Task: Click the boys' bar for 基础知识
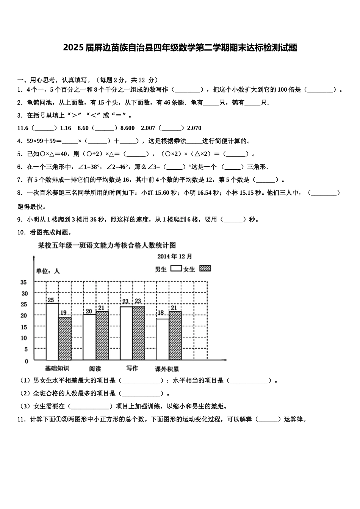[x=52, y=331]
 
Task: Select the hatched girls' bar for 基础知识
[x=65, y=339]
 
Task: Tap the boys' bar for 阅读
[x=89, y=337]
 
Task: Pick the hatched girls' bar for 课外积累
[x=175, y=336]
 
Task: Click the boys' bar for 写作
[x=126, y=333]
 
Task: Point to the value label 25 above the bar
[x=50, y=300]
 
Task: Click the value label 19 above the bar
[x=63, y=313]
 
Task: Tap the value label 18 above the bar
[x=161, y=313]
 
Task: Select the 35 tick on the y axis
[x=24, y=282]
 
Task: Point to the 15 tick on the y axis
[x=24, y=327]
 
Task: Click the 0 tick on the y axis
[x=26, y=361]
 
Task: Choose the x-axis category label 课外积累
[x=167, y=369]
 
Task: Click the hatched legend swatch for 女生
[x=205, y=268]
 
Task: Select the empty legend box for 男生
[x=176, y=268]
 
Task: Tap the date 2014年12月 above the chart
[x=175, y=257]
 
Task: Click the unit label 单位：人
[x=48, y=271]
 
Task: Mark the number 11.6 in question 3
[x=23, y=128]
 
